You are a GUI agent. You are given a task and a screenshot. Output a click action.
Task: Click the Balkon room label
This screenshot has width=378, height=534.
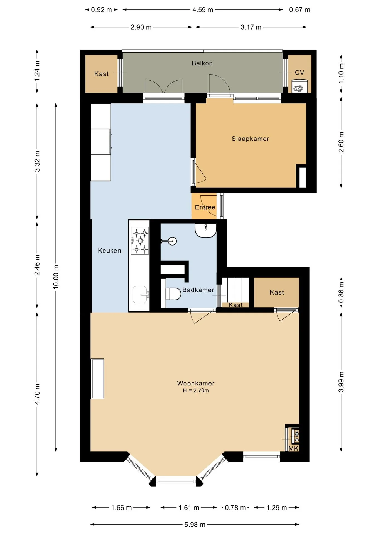pos(202,63)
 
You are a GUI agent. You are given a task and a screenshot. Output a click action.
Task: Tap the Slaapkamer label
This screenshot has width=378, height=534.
pos(251,139)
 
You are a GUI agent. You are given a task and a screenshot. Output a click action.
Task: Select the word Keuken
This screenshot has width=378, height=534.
pos(110,251)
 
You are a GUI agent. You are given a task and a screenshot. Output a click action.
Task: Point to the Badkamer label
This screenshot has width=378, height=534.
pos(198,290)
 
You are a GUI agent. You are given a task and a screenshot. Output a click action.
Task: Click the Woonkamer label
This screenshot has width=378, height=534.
pos(196,383)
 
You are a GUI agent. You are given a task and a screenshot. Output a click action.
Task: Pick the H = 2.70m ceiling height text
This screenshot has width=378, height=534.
pos(196,390)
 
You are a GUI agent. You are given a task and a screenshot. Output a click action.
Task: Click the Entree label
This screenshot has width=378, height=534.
pos(205,207)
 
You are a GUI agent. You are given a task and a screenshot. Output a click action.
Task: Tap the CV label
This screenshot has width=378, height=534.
pos(300,73)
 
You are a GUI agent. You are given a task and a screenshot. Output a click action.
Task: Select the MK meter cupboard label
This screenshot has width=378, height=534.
pos(293,448)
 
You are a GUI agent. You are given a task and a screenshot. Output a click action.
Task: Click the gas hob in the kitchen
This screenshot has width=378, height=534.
pos(140,241)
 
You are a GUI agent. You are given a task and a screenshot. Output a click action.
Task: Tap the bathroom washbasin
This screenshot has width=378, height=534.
pos(206,231)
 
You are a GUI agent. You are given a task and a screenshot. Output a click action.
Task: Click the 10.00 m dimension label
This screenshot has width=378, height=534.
pos(56,277)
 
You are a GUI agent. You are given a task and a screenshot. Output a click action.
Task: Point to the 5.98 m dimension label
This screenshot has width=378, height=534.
pos(195,525)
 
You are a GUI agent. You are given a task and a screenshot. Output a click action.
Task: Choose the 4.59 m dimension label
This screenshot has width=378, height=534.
pos(203,10)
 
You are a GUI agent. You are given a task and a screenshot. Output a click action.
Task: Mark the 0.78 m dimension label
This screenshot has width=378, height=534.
pos(235,508)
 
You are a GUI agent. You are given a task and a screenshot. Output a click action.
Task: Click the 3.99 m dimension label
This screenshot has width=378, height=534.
pos(341,382)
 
